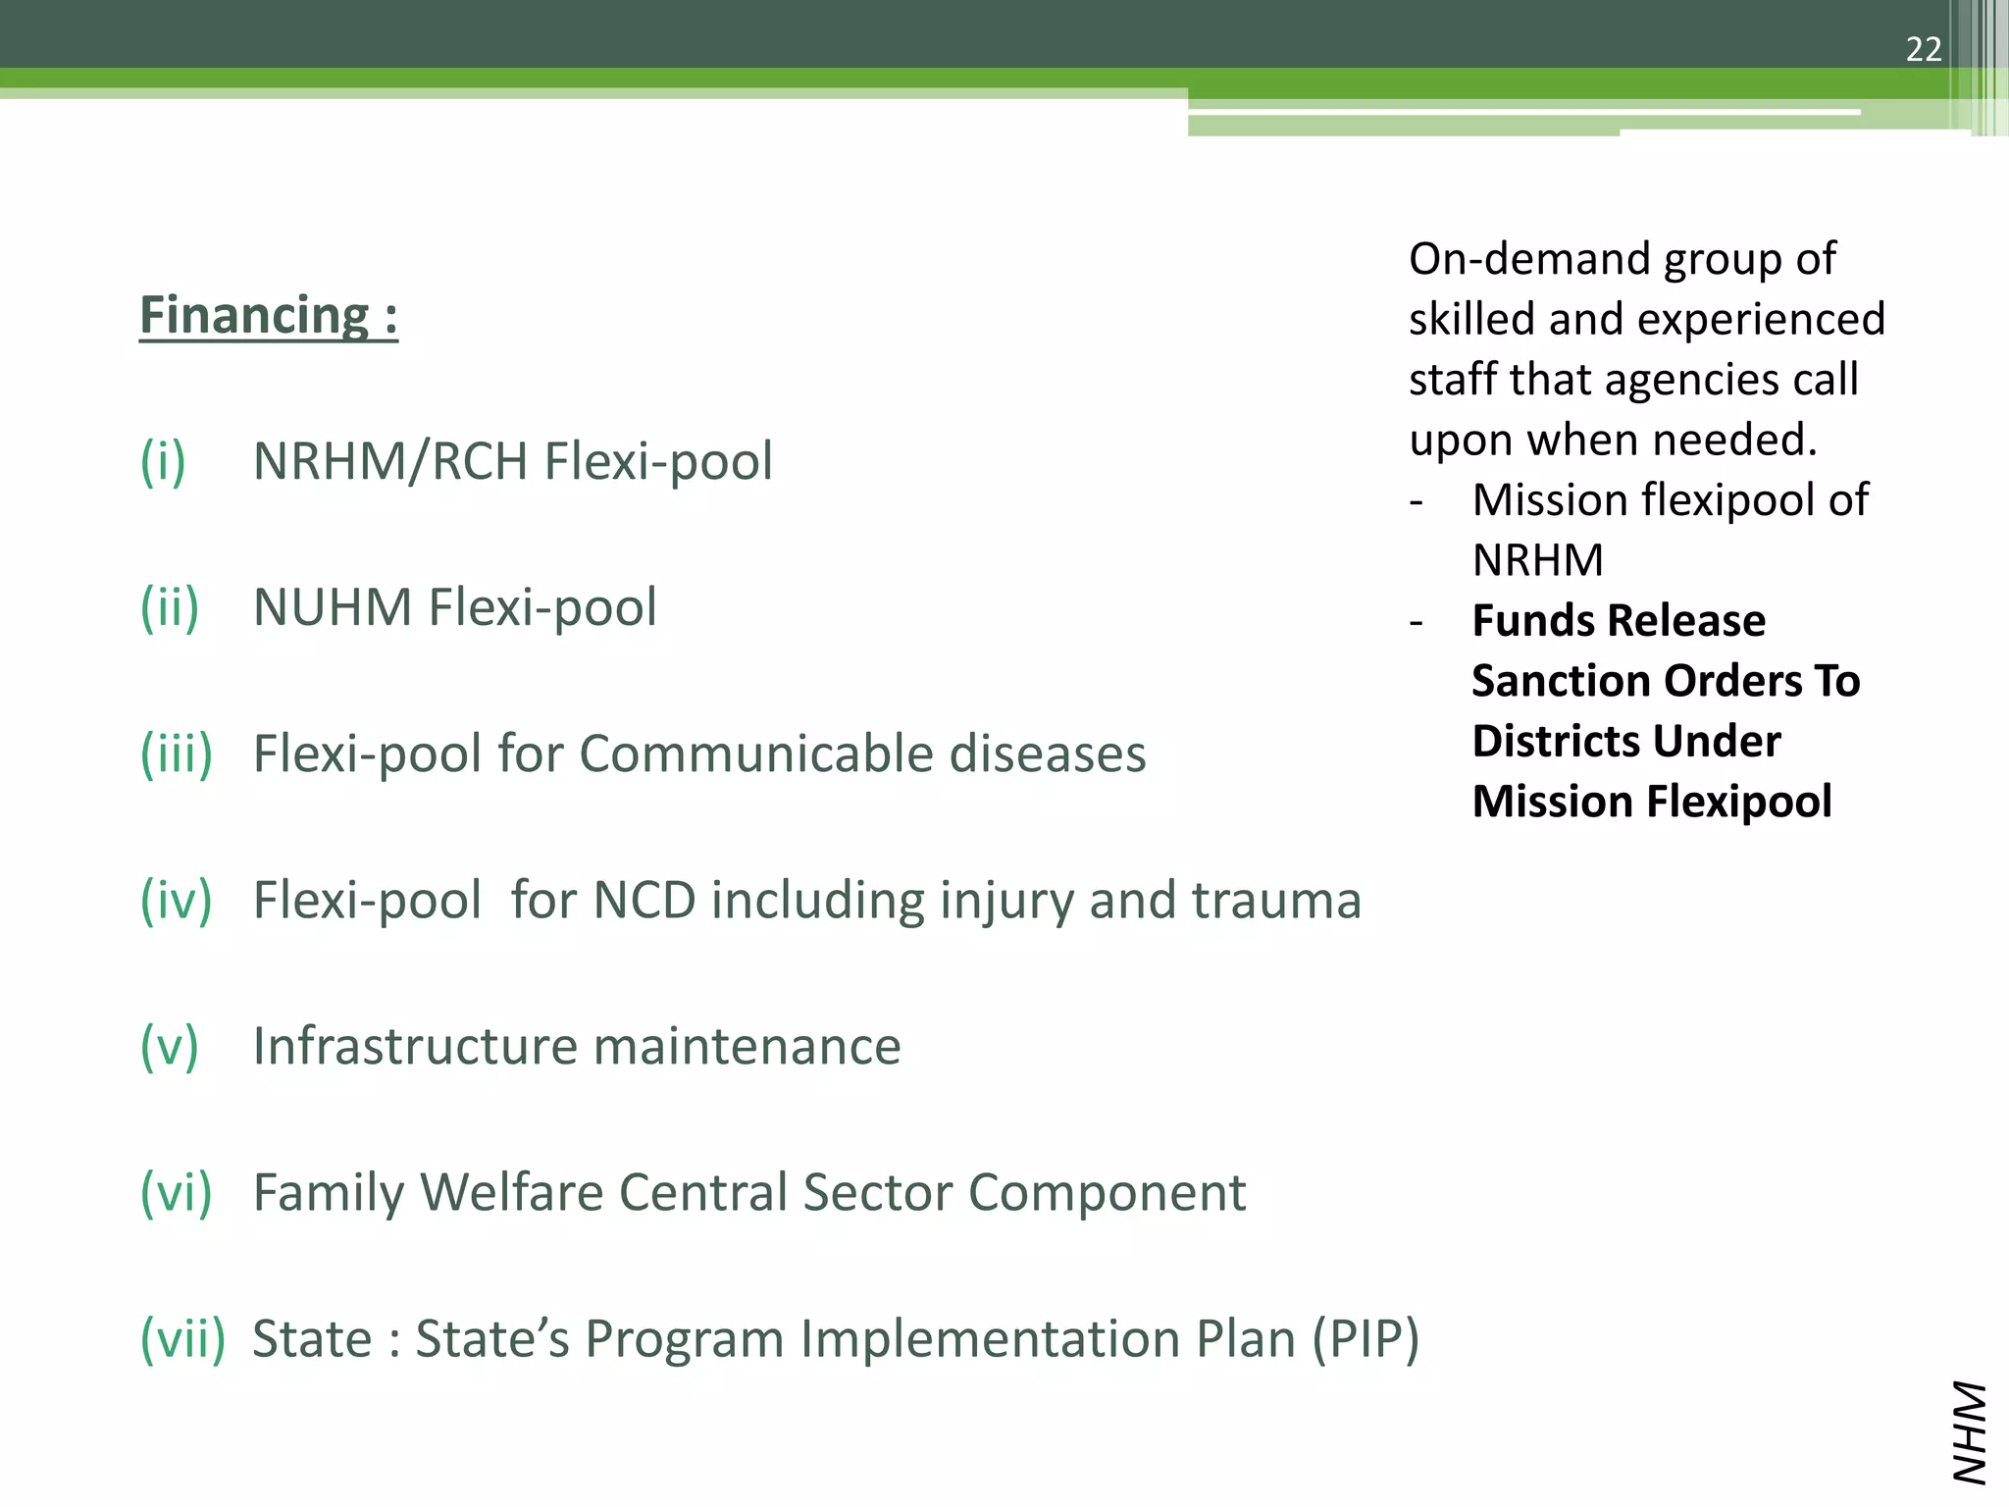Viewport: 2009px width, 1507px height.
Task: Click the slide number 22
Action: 1923,49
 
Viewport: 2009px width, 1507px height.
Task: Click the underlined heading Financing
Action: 268,316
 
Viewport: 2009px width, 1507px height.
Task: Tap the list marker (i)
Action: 163,461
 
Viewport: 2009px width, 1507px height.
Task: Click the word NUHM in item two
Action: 333,607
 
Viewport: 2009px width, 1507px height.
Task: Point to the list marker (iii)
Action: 177,753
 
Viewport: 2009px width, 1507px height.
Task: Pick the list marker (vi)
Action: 177,1192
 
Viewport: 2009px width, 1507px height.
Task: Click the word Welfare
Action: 510,1192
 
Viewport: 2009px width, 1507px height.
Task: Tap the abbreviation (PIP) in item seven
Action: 1366,1338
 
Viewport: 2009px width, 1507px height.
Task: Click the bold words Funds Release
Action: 1619,621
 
